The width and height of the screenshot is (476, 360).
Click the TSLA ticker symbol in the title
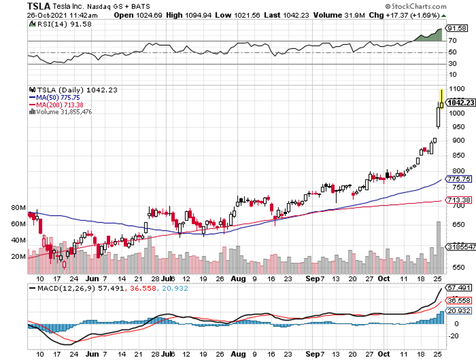[x=40, y=6]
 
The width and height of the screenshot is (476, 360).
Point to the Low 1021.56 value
[x=245, y=15]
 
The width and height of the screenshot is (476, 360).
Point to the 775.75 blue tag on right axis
[x=459, y=179]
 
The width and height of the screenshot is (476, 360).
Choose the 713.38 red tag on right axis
[x=459, y=200]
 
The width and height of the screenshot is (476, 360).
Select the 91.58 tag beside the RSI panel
[x=457, y=29]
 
